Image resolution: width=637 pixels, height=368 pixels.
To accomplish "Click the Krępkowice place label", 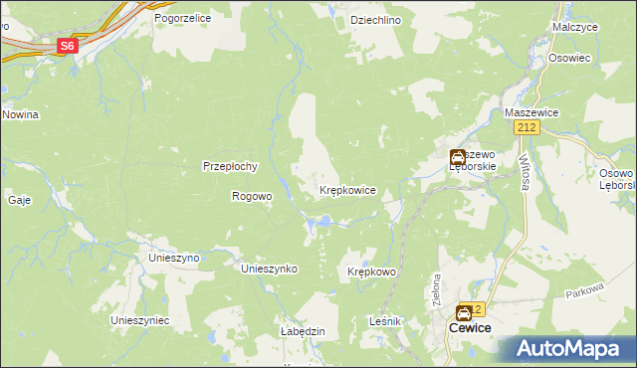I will coord(347,189).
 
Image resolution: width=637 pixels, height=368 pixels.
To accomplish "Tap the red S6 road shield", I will coord(67,46).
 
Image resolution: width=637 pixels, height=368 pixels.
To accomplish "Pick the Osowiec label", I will coord(570,58).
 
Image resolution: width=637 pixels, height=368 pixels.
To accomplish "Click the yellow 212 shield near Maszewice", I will coord(529,128).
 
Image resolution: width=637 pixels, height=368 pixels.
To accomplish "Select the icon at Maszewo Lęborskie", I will coord(457,157).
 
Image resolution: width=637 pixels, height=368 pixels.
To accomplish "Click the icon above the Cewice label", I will coord(464,312).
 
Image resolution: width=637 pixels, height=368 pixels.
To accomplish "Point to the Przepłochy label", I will coord(231,166).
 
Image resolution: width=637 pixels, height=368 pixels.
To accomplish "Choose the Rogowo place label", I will coord(252,196).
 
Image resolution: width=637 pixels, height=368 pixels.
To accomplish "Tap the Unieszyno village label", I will coord(174,257).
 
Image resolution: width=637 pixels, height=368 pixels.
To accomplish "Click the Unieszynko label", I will coord(270,269).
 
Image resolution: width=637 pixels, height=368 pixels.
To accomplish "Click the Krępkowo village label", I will coord(372,272).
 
